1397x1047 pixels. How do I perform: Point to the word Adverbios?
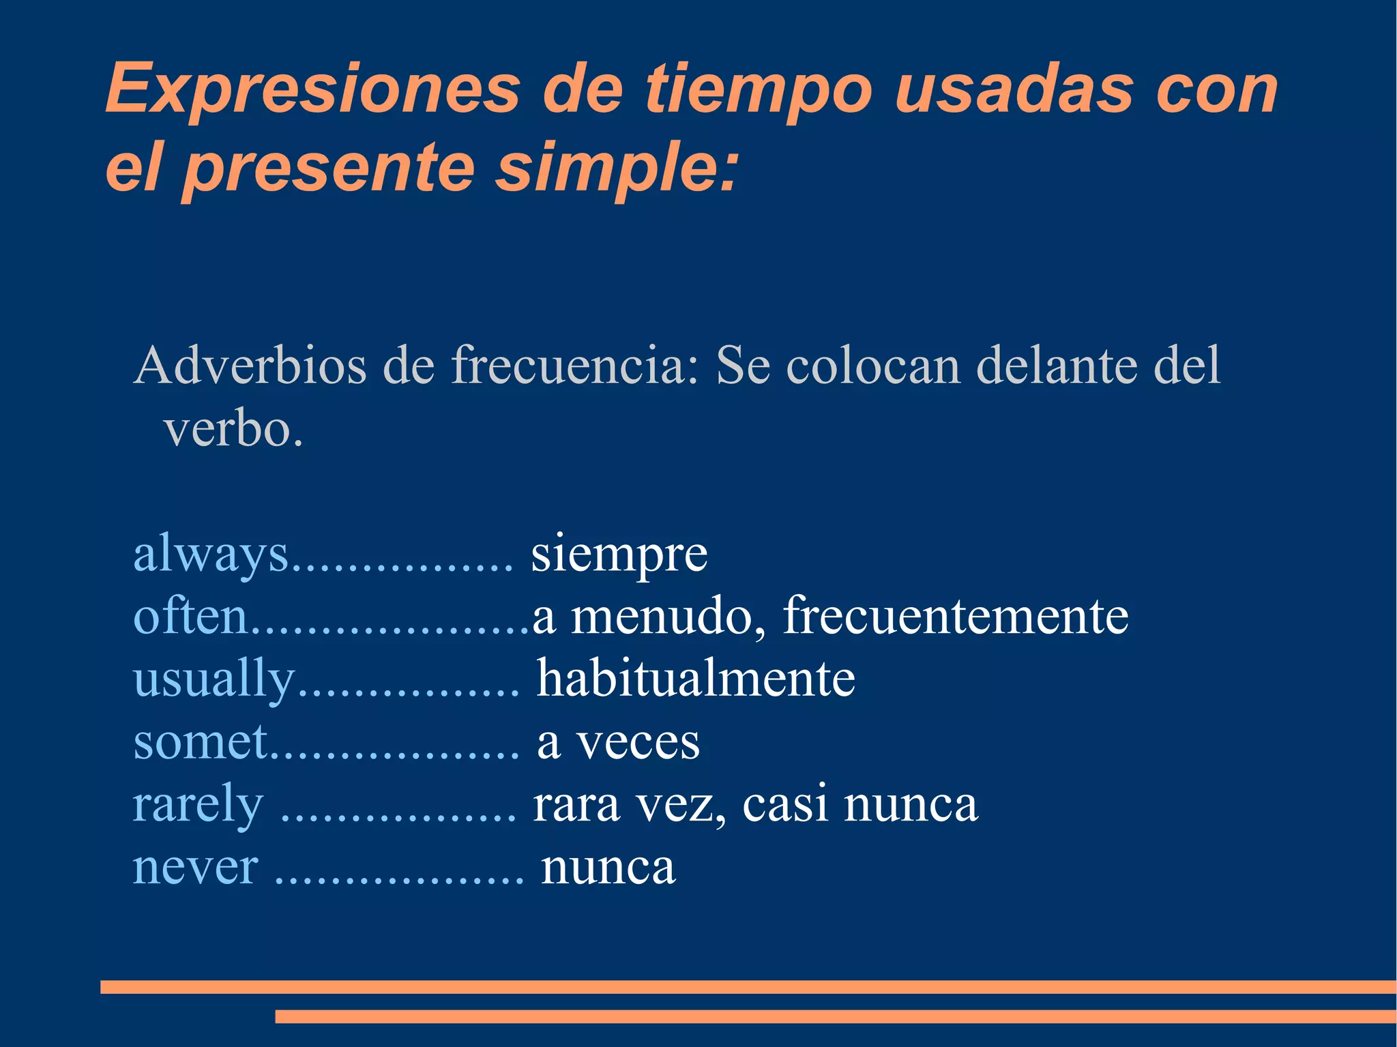[x=250, y=366]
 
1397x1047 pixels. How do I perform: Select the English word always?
[x=210, y=554]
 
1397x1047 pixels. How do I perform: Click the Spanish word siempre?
[x=619, y=554]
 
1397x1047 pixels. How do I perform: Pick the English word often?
[x=190, y=616]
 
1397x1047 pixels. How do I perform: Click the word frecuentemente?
[x=955, y=616]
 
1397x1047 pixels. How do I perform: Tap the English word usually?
[x=214, y=679]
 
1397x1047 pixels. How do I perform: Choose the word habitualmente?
[x=696, y=679]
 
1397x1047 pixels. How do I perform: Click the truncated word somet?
[x=201, y=741]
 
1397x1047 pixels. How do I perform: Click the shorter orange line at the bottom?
[x=836, y=1016]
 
